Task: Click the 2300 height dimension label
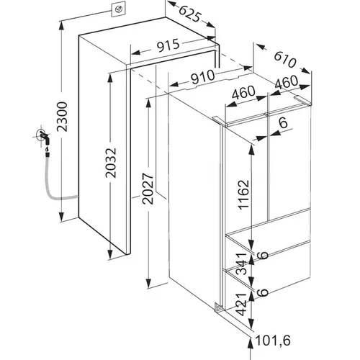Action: [x=62, y=117]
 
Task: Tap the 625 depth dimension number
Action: [x=189, y=14]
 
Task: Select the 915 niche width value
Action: [x=168, y=45]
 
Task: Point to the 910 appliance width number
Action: [x=203, y=77]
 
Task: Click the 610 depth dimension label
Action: [x=285, y=60]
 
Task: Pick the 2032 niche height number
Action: [x=111, y=163]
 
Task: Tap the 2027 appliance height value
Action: [x=148, y=189]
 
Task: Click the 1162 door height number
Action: [x=244, y=194]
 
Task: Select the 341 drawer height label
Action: [x=241, y=264]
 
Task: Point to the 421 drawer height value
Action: [x=241, y=304]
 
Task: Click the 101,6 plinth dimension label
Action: [x=273, y=340]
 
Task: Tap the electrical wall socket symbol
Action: [x=118, y=10]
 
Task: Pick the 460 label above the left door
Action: [x=243, y=92]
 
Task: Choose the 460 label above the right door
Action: [x=286, y=81]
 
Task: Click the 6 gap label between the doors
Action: [x=284, y=122]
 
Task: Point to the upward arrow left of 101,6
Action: [x=251, y=348]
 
